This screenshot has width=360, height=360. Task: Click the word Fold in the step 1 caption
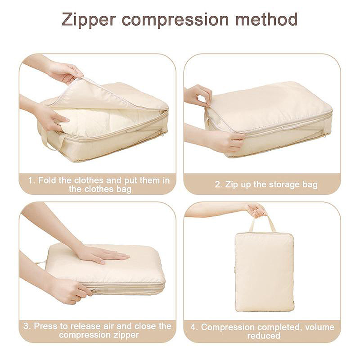click(x=47, y=180)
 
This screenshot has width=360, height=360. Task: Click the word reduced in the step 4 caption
click(x=264, y=336)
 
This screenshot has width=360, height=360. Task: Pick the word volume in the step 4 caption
click(x=319, y=327)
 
